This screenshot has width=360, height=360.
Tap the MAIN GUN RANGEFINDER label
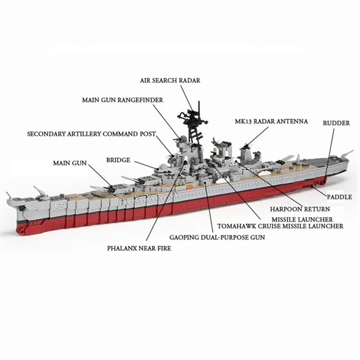123,99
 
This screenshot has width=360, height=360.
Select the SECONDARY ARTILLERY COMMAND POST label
91,134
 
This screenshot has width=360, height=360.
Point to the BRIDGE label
118,160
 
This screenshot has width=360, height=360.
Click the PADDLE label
339,197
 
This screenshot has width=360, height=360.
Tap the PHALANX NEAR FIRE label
139,248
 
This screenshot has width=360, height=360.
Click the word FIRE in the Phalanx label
162,248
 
